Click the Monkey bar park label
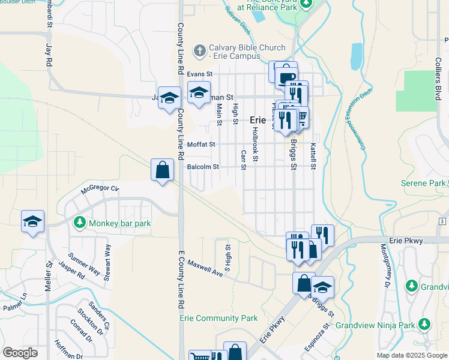point(119,224)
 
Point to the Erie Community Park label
point(218,318)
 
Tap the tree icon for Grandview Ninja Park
point(424,325)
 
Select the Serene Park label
point(421,182)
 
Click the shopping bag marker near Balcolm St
point(163,170)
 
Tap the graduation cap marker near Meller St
point(32,222)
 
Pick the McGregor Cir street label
point(101,191)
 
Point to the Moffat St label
point(201,145)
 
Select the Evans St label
point(200,74)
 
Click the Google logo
point(20,353)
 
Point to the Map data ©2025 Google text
point(411,355)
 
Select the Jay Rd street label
point(49,55)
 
